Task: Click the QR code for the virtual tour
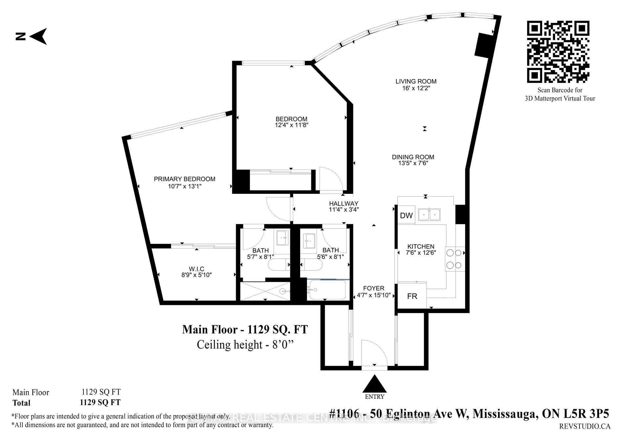pos(558,52)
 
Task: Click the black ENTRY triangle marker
pos(374,384)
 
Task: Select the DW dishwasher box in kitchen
pos(406,215)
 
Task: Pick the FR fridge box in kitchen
pos(412,296)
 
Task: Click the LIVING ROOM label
pos(416,81)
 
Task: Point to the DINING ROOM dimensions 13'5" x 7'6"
pos(413,163)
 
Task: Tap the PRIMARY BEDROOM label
pos(185,179)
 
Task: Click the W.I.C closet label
pos(196,269)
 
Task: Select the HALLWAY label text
pos(344,204)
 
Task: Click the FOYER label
pos(374,288)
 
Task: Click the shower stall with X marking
pos(265,291)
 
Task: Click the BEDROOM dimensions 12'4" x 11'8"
pos(292,125)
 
